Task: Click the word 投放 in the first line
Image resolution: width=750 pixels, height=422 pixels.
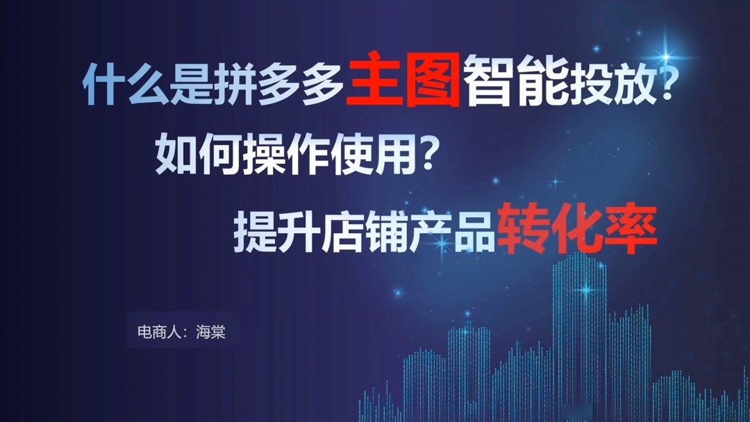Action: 610,85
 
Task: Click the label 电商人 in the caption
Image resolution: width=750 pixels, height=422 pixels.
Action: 157,333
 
